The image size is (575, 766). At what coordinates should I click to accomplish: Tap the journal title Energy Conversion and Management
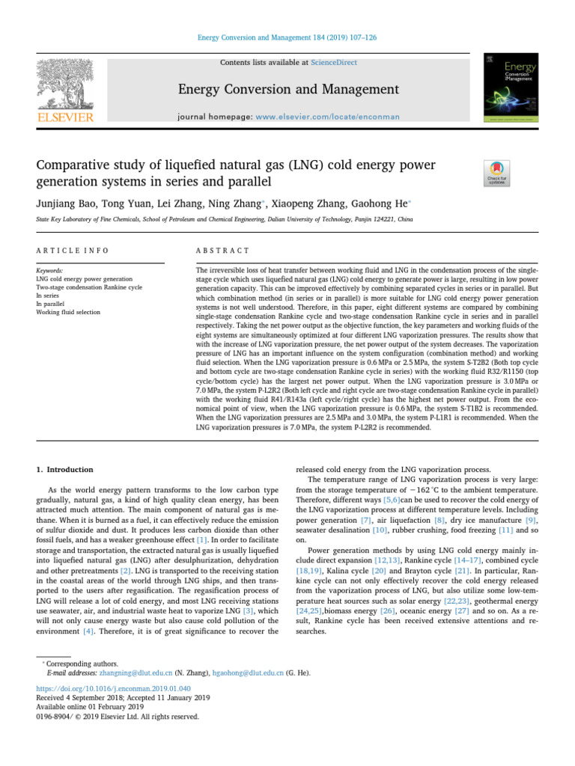point(287,90)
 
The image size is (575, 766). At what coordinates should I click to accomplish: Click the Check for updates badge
point(498,173)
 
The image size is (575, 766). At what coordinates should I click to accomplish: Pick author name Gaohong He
point(374,202)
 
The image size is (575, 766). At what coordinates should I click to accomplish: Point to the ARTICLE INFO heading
point(73,251)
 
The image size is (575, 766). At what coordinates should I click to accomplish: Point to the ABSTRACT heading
point(222,251)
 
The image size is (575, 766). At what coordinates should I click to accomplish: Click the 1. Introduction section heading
point(65,470)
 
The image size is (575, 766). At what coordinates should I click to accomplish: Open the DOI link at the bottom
point(109,688)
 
